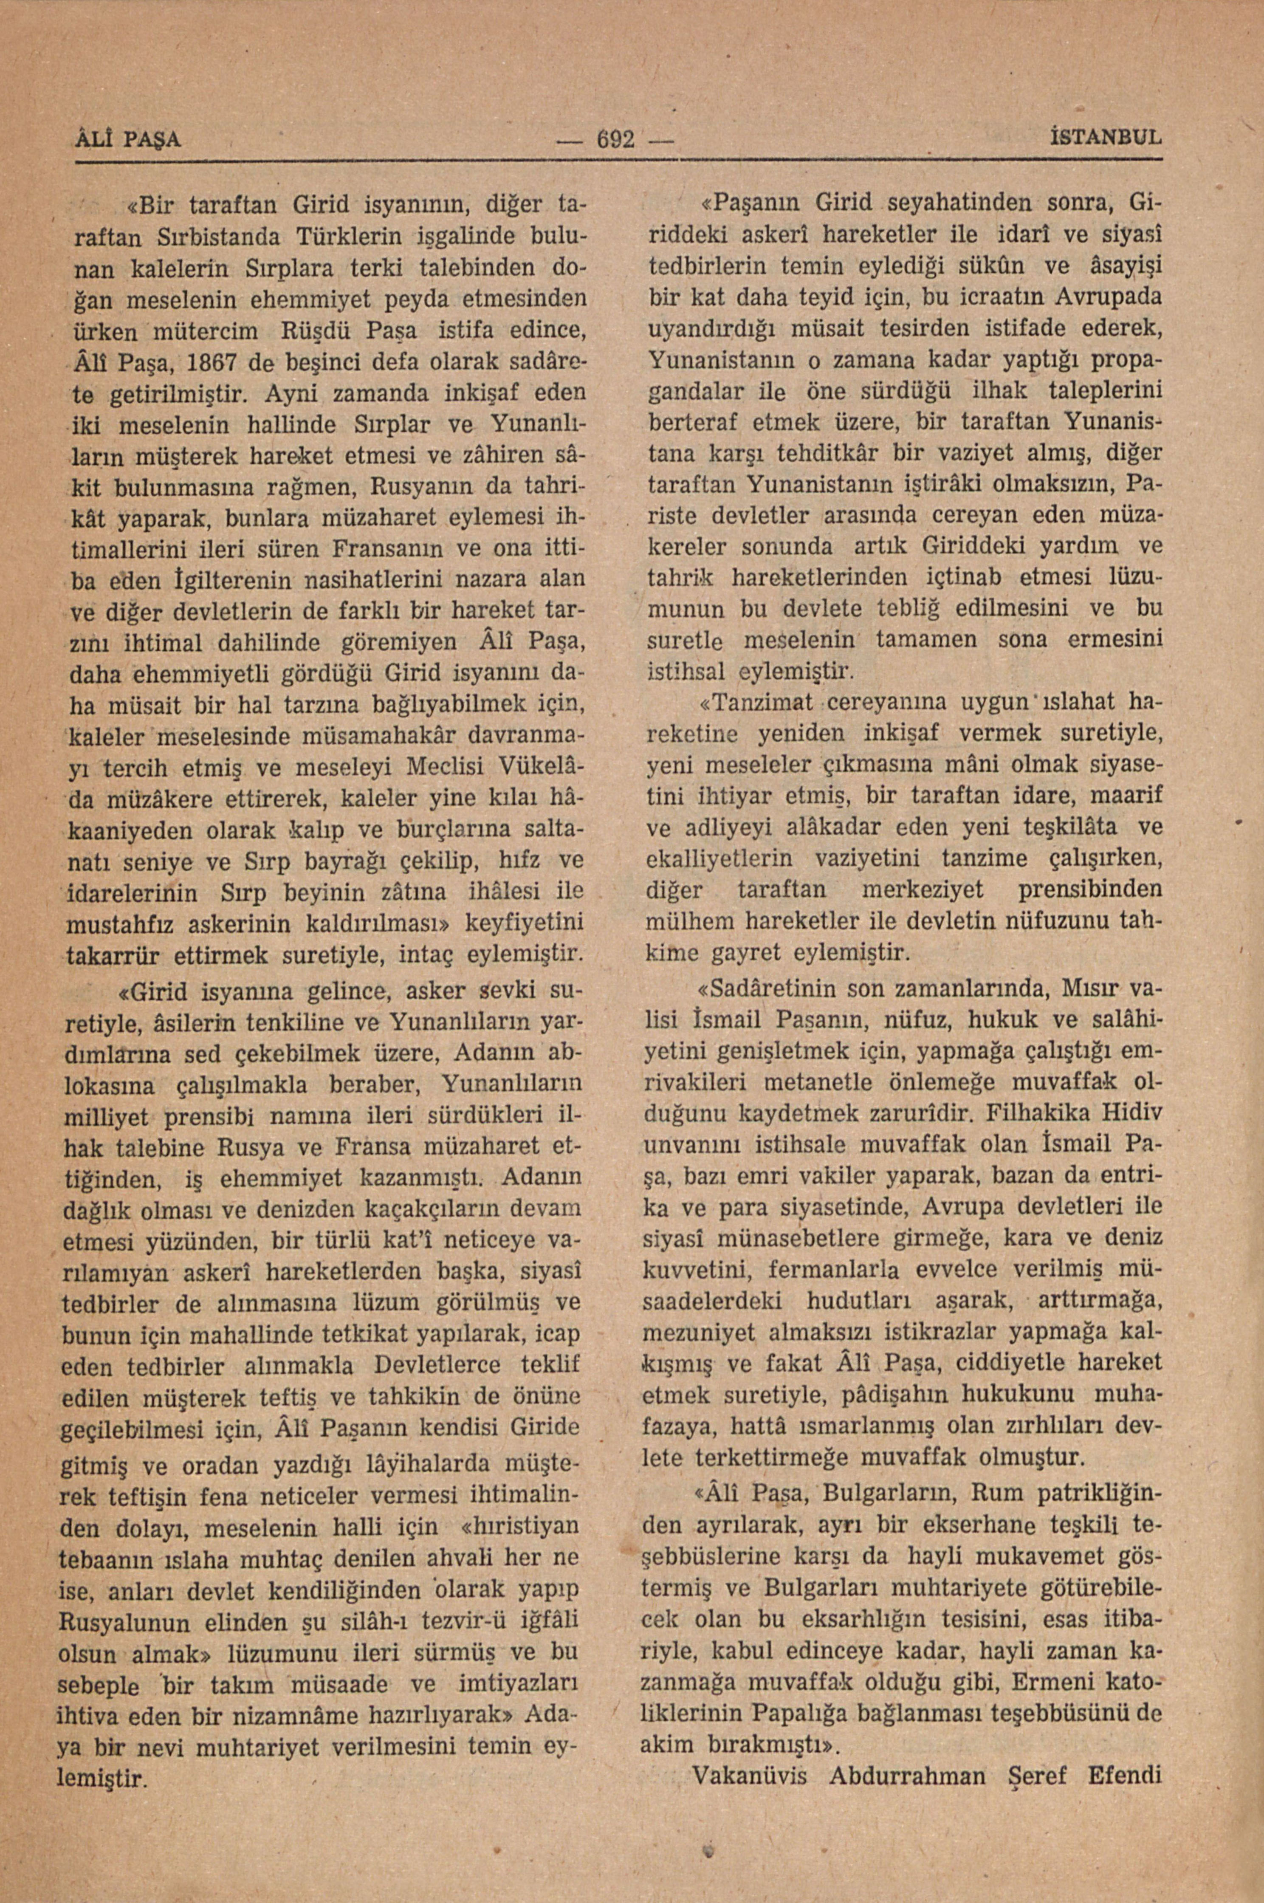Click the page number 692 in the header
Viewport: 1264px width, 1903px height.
click(x=614, y=138)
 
